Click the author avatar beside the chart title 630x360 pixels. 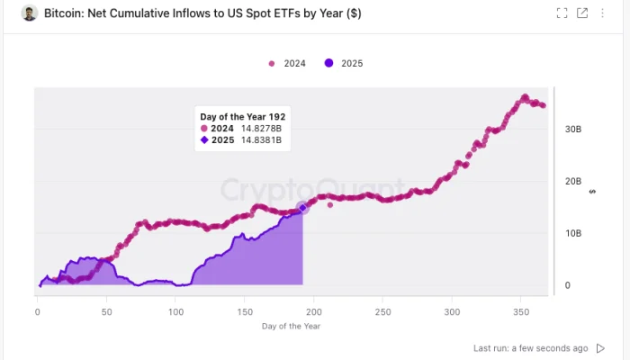29,13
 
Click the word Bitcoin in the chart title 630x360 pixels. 66,14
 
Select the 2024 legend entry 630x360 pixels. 288,64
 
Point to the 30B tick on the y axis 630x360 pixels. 571,129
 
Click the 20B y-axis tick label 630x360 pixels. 571,181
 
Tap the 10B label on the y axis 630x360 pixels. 571,233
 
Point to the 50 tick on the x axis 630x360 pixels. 106,311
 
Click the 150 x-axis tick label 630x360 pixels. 245,311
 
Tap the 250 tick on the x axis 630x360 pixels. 383,311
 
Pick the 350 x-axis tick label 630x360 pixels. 522,311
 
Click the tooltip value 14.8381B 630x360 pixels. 262,139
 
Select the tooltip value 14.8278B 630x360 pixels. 262,128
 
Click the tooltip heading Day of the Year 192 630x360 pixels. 242,116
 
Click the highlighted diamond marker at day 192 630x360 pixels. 302,207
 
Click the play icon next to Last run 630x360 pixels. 601,347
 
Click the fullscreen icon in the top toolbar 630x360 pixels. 562,13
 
